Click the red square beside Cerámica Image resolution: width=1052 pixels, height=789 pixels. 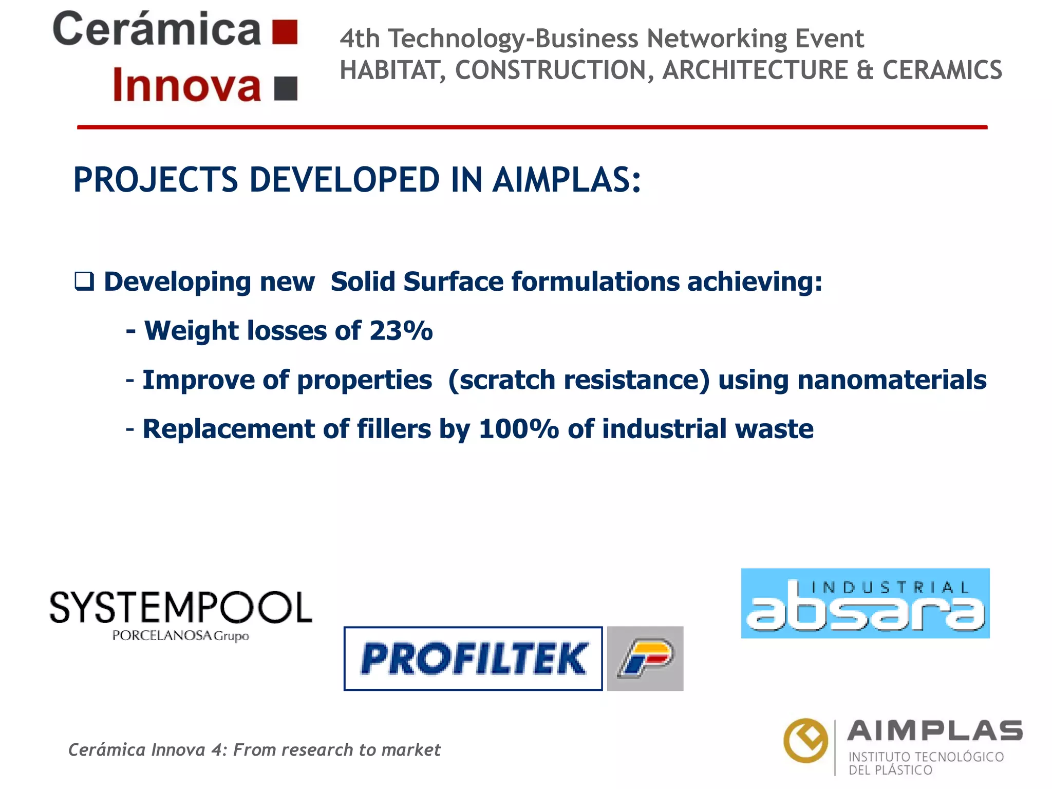click(x=285, y=32)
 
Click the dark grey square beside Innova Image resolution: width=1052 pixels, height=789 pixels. click(x=286, y=88)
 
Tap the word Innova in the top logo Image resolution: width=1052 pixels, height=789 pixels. click(x=187, y=85)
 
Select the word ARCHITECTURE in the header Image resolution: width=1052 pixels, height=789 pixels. click(x=755, y=70)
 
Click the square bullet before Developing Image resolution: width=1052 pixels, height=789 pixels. click(x=84, y=281)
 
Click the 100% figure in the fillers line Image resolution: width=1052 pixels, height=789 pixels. click(x=518, y=429)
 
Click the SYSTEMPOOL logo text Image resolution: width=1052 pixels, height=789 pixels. click(x=180, y=608)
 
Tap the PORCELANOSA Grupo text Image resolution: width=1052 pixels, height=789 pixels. click(x=180, y=636)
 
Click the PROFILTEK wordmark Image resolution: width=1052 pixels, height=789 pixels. click(x=473, y=659)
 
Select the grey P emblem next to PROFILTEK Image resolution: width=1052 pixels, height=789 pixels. click(x=645, y=659)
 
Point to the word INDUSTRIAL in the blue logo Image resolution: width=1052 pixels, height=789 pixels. click(x=890, y=587)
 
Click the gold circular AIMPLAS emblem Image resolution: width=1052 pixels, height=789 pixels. click(x=805, y=740)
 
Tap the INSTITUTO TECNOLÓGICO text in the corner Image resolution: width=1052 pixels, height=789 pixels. click(x=926, y=757)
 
